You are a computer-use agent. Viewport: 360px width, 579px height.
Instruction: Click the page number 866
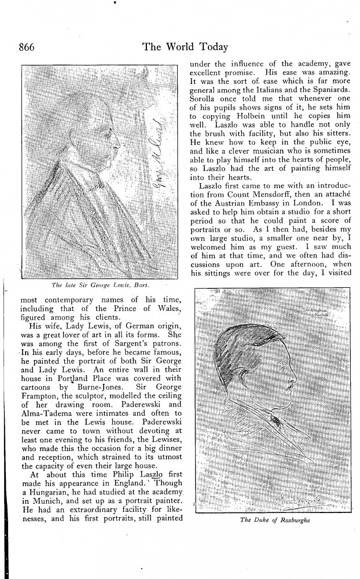30,47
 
